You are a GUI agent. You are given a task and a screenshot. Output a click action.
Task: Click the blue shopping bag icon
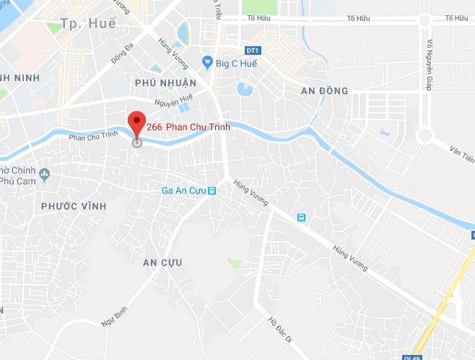click(208, 62)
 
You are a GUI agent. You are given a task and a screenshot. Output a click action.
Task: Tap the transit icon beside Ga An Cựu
click(212, 191)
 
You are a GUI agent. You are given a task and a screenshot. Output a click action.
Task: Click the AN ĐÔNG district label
click(324, 91)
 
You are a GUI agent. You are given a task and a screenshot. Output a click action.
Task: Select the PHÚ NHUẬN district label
click(165, 83)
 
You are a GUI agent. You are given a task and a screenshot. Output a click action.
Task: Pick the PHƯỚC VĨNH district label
click(74, 206)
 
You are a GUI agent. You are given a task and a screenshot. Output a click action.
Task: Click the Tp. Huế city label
click(89, 24)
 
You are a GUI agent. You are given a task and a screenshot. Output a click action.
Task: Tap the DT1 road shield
click(252, 51)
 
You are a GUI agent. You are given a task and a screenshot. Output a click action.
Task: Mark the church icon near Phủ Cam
click(45, 173)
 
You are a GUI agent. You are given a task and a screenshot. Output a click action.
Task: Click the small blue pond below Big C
click(244, 89)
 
